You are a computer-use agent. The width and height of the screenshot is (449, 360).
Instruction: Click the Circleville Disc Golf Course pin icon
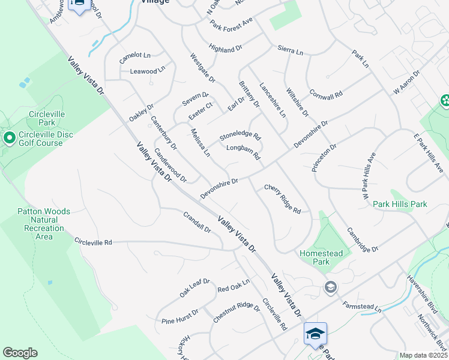click(x=9, y=139)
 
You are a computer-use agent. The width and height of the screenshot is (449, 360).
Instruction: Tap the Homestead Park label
click(x=322, y=257)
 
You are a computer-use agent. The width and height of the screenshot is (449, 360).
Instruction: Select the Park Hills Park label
click(x=400, y=205)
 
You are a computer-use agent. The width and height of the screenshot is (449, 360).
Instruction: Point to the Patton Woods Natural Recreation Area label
click(x=44, y=224)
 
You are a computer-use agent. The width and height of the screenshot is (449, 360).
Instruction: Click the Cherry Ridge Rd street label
click(x=282, y=199)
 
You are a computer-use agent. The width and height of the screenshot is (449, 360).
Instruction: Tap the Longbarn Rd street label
click(x=243, y=152)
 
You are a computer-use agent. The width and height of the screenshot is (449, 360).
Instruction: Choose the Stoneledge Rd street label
click(x=240, y=137)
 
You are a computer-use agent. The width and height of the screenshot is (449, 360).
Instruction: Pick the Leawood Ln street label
click(x=148, y=71)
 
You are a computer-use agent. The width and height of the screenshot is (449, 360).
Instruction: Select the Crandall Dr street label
click(x=197, y=221)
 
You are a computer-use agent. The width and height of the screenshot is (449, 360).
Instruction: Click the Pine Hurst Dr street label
click(x=180, y=317)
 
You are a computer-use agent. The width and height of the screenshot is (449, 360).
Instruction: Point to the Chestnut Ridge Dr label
click(x=237, y=313)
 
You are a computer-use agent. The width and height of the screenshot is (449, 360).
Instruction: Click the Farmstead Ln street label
click(x=361, y=303)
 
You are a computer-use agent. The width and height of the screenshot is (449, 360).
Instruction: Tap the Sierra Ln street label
click(x=291, y=51)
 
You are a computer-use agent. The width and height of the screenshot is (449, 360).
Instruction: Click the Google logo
click(x=20, y=353)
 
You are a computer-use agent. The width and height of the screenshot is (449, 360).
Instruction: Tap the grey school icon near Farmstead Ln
click(x=330, y=288)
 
